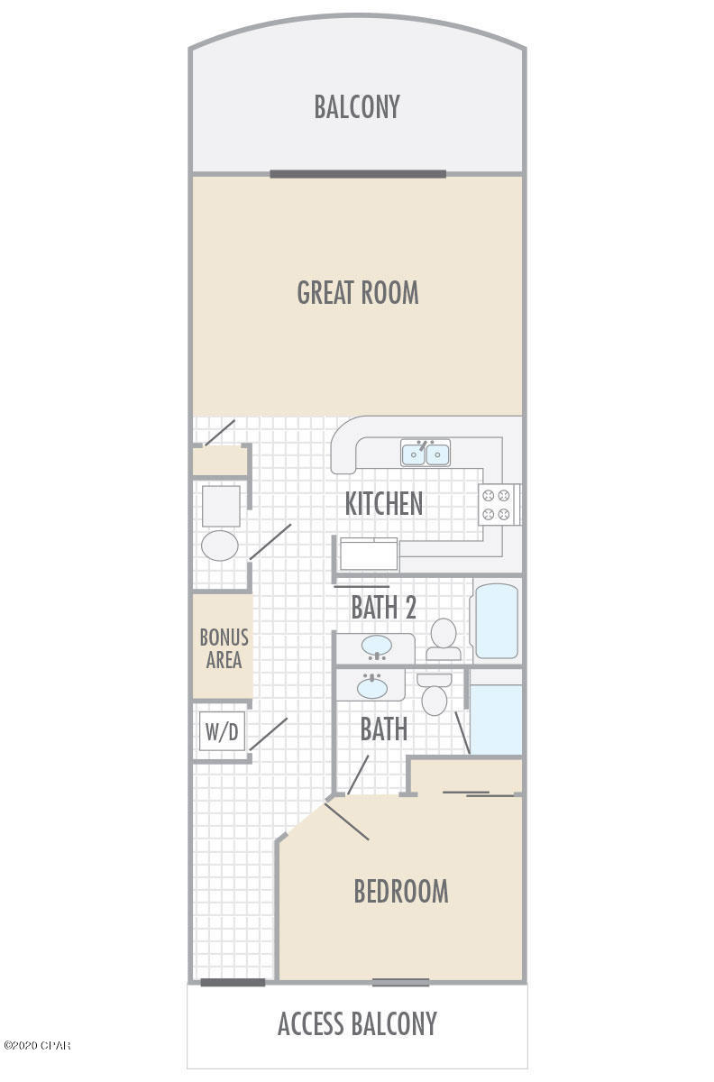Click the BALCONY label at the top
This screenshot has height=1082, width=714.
click(356, 106)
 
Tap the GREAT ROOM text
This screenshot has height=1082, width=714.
click(358, 293)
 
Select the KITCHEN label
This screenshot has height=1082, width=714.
click(384, 504)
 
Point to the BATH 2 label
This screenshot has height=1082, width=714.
click(383, 608)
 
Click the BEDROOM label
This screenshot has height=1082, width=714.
click(400, 892)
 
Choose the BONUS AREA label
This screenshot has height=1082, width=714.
click(224, 648)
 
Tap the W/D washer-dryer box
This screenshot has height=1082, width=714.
click(222, 732)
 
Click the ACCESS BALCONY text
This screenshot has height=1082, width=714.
click(357, 1024)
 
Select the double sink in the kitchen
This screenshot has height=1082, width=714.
click(426, 453)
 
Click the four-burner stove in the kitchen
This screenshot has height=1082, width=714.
click(498, 504)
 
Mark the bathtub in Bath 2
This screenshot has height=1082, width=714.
click(496, 622)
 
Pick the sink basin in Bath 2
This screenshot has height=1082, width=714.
click(376, 646)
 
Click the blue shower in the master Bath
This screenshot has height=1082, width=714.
click(497, 719)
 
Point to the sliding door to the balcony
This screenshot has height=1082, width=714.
click(358, 174)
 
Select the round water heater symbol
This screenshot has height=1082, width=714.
click(219, 546)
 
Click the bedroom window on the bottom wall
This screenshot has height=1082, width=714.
click(400, 982)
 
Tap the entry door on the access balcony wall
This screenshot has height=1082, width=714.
click(233, 982)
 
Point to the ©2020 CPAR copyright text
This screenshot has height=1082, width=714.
click(36, 1046)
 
